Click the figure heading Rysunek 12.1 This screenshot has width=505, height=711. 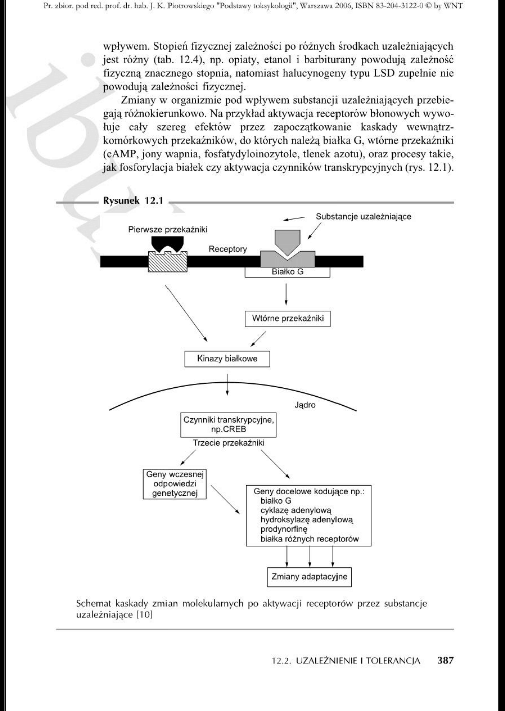point(133,201)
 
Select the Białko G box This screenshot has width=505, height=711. point(287,272)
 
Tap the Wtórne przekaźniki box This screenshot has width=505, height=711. point(288,319)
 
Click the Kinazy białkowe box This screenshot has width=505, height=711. point(227,359)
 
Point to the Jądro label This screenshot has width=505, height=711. point(305,405)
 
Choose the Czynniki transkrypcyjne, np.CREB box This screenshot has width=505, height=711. point(228,425)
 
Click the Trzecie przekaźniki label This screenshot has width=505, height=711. point(228,443)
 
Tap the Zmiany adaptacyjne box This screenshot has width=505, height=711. point(309,576)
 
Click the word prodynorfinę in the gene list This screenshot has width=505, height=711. point(284,529)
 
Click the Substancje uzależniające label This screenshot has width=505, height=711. point(363,217)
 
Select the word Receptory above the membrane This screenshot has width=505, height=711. point(228,249)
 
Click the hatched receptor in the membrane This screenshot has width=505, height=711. point(168,260)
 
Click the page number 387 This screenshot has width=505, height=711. point(445,660)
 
